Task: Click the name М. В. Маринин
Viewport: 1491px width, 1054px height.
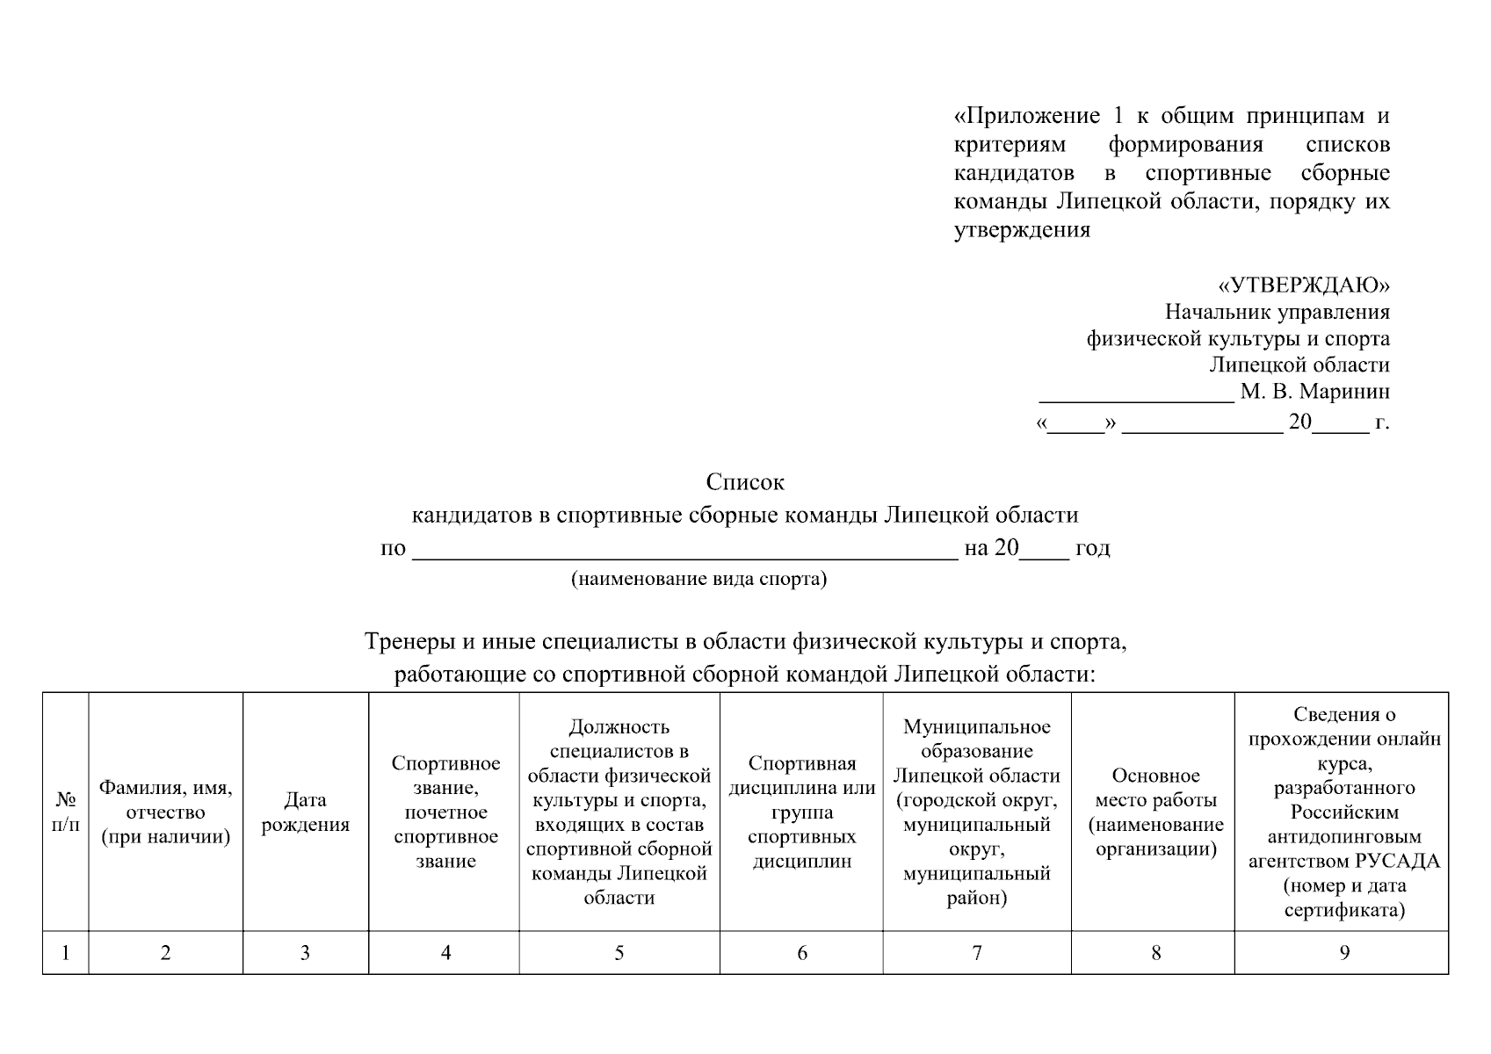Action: coord(1314,391)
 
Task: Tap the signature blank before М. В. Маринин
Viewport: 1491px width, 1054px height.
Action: coord(1136,395)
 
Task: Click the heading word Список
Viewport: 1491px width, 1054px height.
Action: coord(745,482)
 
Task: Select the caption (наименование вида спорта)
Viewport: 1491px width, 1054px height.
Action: coord(698,580)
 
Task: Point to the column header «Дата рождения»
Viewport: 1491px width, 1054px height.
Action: coord(305,812)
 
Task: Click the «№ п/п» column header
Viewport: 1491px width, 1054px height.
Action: coord(65,812)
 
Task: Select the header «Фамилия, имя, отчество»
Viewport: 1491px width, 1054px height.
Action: coord(165,812)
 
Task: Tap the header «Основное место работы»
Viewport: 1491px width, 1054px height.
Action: coord(1155,812)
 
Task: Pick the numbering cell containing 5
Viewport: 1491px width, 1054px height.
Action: coord(619,953)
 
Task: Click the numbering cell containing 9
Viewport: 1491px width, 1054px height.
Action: coord(1343,953)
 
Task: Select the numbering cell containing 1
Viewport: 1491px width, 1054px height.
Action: coord(65,953)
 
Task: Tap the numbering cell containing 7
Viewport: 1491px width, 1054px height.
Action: coord(976,953)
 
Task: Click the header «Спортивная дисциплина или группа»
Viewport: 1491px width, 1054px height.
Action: coord(801,812)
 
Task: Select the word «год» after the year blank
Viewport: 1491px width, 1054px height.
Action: coord(1092,548)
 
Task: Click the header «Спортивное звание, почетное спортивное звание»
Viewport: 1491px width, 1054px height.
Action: coord(445,812)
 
